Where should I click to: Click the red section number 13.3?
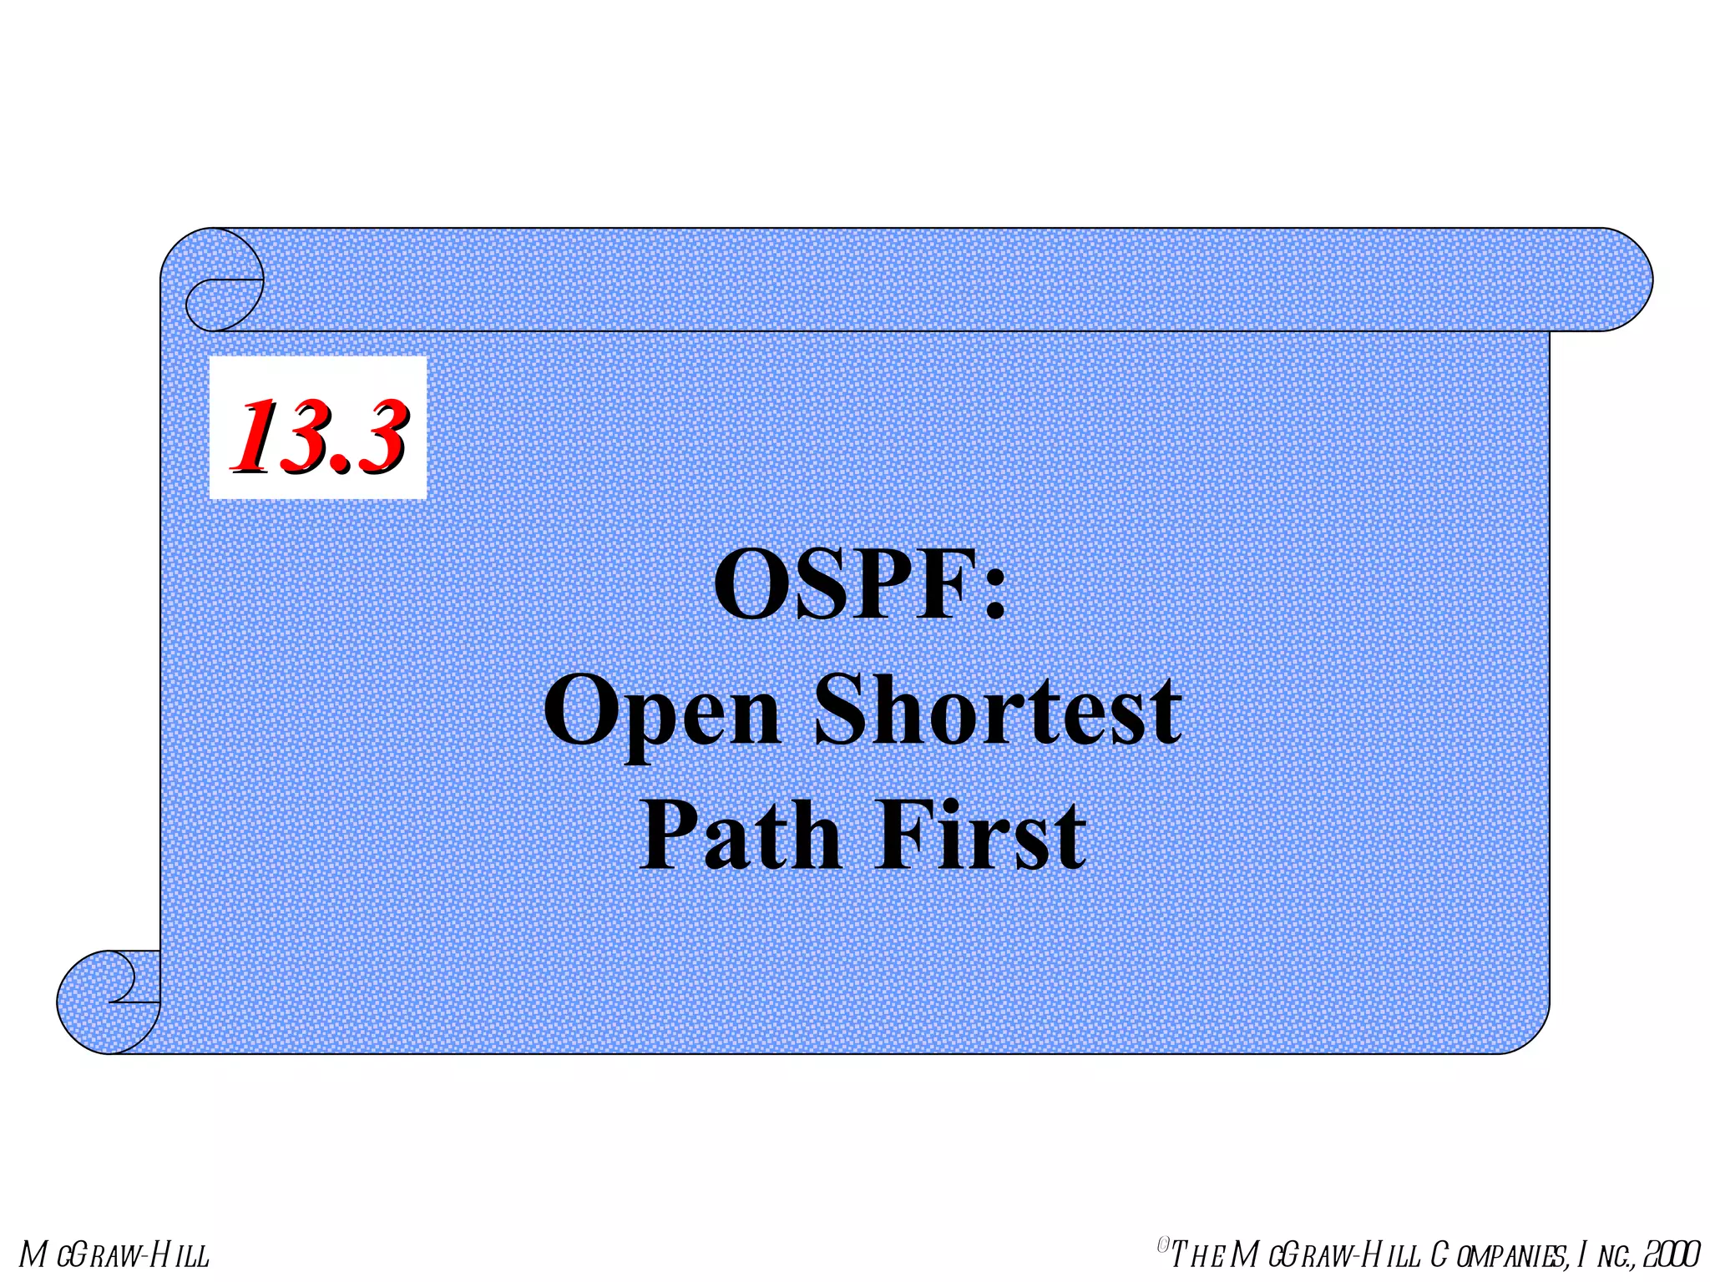pos(318,436)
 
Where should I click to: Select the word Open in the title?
pos(662,712)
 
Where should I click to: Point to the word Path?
pos(740,835)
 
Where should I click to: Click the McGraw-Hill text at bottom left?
pos(114,1255)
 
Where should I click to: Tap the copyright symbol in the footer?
pos(1163,1245)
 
